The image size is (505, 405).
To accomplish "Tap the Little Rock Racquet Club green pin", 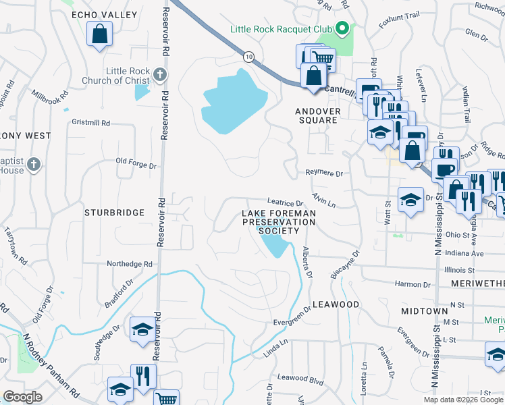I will [x=342, y=28].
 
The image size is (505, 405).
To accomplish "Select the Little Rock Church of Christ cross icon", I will [x=159, y=74].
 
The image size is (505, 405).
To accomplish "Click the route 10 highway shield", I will [x=249, y=57].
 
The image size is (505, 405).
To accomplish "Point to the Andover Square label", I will [x=316, y=115].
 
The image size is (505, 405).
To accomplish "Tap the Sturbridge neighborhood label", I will [x=114, y=213].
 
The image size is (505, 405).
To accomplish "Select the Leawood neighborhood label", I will [x=336, y=304].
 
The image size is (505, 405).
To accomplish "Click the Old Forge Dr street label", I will [x=136, y=162].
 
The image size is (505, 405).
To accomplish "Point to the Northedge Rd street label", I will [x=130, y=264].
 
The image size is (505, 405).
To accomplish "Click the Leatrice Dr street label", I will [x=285, y=202].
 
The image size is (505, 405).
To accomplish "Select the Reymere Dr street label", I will [x=324, y=173].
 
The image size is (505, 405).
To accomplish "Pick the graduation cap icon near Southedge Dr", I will [x=142, y=329].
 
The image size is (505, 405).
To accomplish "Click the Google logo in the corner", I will [x=22, y=397].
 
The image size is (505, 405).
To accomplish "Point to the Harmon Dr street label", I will [x=408, y=284].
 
